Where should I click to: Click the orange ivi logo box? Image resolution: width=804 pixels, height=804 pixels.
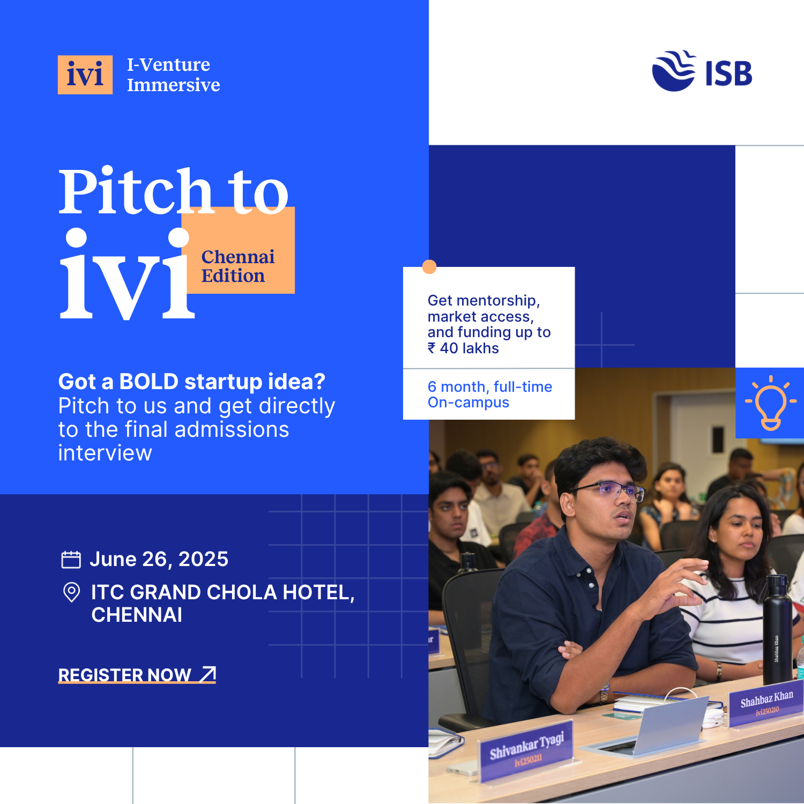pyautogui.click(x=85, y=75)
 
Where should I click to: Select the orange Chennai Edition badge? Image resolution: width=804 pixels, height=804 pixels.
pyautogui.click(x=239, y=250)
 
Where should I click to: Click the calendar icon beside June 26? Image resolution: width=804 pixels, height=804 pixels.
pyautogui.click(x=71, y=560)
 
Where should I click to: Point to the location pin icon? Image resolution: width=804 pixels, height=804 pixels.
pyautogui.click(x=71, y=592)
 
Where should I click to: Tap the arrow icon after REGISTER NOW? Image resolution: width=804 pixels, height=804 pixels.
pyautogui.click(x=208, y=674)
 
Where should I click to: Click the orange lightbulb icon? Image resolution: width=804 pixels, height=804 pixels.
pyautogui.click(x=771, y=403)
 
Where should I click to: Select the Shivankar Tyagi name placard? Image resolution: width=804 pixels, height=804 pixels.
pyautogui.click(x=527, y=749)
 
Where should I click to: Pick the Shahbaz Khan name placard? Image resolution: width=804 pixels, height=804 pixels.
pyautogui.click(x=766, y=703)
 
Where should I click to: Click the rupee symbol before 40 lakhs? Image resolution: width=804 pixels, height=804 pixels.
pyautogui.click(x=431, y=348)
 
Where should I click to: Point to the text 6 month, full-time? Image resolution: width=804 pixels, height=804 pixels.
pyautogui.click(x=490, y=386)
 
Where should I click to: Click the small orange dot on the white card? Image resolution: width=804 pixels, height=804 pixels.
pyautogui.click(x=429, y=267)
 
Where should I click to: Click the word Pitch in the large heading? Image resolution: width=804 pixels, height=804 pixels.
pyautogui.click(x=136, y=191)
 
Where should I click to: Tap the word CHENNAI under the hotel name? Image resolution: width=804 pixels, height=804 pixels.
pyautogui.click(x=137, y=615)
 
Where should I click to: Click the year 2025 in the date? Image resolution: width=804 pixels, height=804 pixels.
pyautogui.click(x=203, y=559)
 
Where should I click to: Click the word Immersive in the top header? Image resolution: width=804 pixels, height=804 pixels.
pyautogui.click(x=174, y=85)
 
